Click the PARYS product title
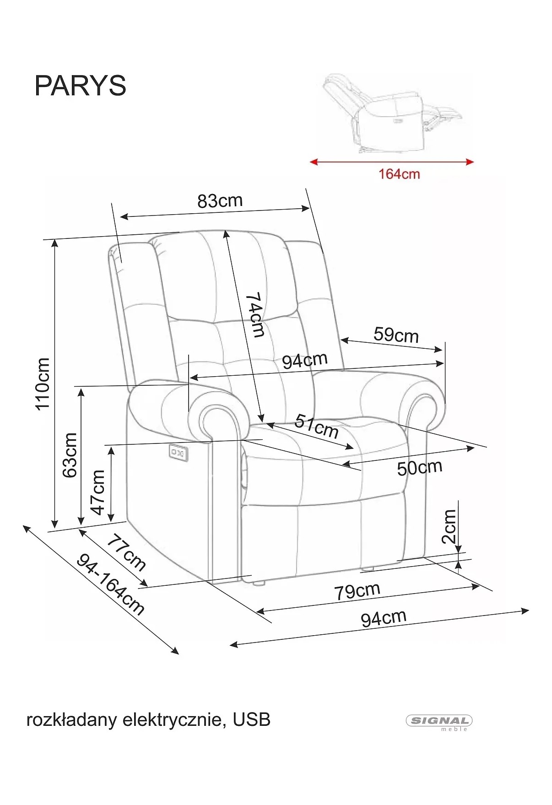tap(80, 86)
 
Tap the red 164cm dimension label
tap(399, 174)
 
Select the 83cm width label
tap(220, 200)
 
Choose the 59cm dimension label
tap(396, 335)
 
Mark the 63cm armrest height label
tap(70, 455)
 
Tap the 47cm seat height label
tap(97, 492)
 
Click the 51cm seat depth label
tap(317, 426)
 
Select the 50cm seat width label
tap(419, 468)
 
